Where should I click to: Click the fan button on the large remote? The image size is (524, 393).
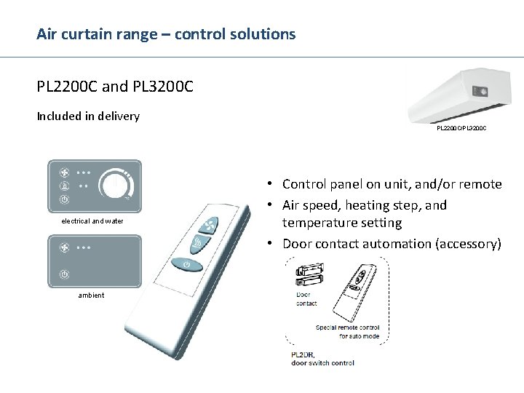211,225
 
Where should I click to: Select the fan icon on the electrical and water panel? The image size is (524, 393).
64,173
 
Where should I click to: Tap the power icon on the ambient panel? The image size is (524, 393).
64,274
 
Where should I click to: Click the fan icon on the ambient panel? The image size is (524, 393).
64,247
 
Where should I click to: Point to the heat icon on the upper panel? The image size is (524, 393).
64,186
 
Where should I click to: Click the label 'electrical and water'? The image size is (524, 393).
92,221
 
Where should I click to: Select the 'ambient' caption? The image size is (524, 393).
92,295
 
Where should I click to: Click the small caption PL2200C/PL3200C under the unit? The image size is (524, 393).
461,128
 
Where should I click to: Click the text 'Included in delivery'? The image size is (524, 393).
88,116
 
